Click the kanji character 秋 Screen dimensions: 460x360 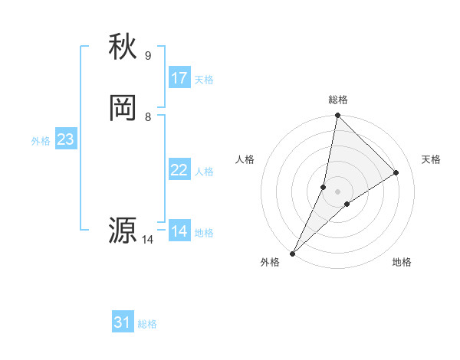click(x=123, y=47)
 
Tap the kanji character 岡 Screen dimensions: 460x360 click(x=123, y=109)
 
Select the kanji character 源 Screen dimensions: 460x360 click(x=123, y=231)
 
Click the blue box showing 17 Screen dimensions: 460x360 click(x=179, y=78)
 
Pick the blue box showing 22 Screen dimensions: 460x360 click(x=179, y=170)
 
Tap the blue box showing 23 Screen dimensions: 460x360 click(x=65, y=139)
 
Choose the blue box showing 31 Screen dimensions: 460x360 click(x=123, y=322)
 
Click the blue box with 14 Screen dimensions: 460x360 click(x=179, y=231)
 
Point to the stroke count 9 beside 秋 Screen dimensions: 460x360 click(x=148, y=56)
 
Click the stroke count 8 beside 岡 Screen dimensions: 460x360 click(x=148, y=117)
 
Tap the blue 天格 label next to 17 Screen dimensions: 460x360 click(x=204, y=80)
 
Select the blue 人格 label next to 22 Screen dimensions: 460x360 click(x=204, y=172)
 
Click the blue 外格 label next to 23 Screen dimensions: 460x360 click(x=41, y=141)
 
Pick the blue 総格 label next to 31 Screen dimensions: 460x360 click(x=147, y=324)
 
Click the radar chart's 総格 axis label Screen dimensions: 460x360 click(x=338, y=100)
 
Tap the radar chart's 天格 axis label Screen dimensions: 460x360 click(x=432, y=159)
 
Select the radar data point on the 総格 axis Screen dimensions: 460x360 click(x=337, y=116)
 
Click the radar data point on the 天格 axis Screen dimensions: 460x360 click(x=396, y=172)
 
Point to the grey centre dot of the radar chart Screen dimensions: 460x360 click(x=338, y=191)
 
